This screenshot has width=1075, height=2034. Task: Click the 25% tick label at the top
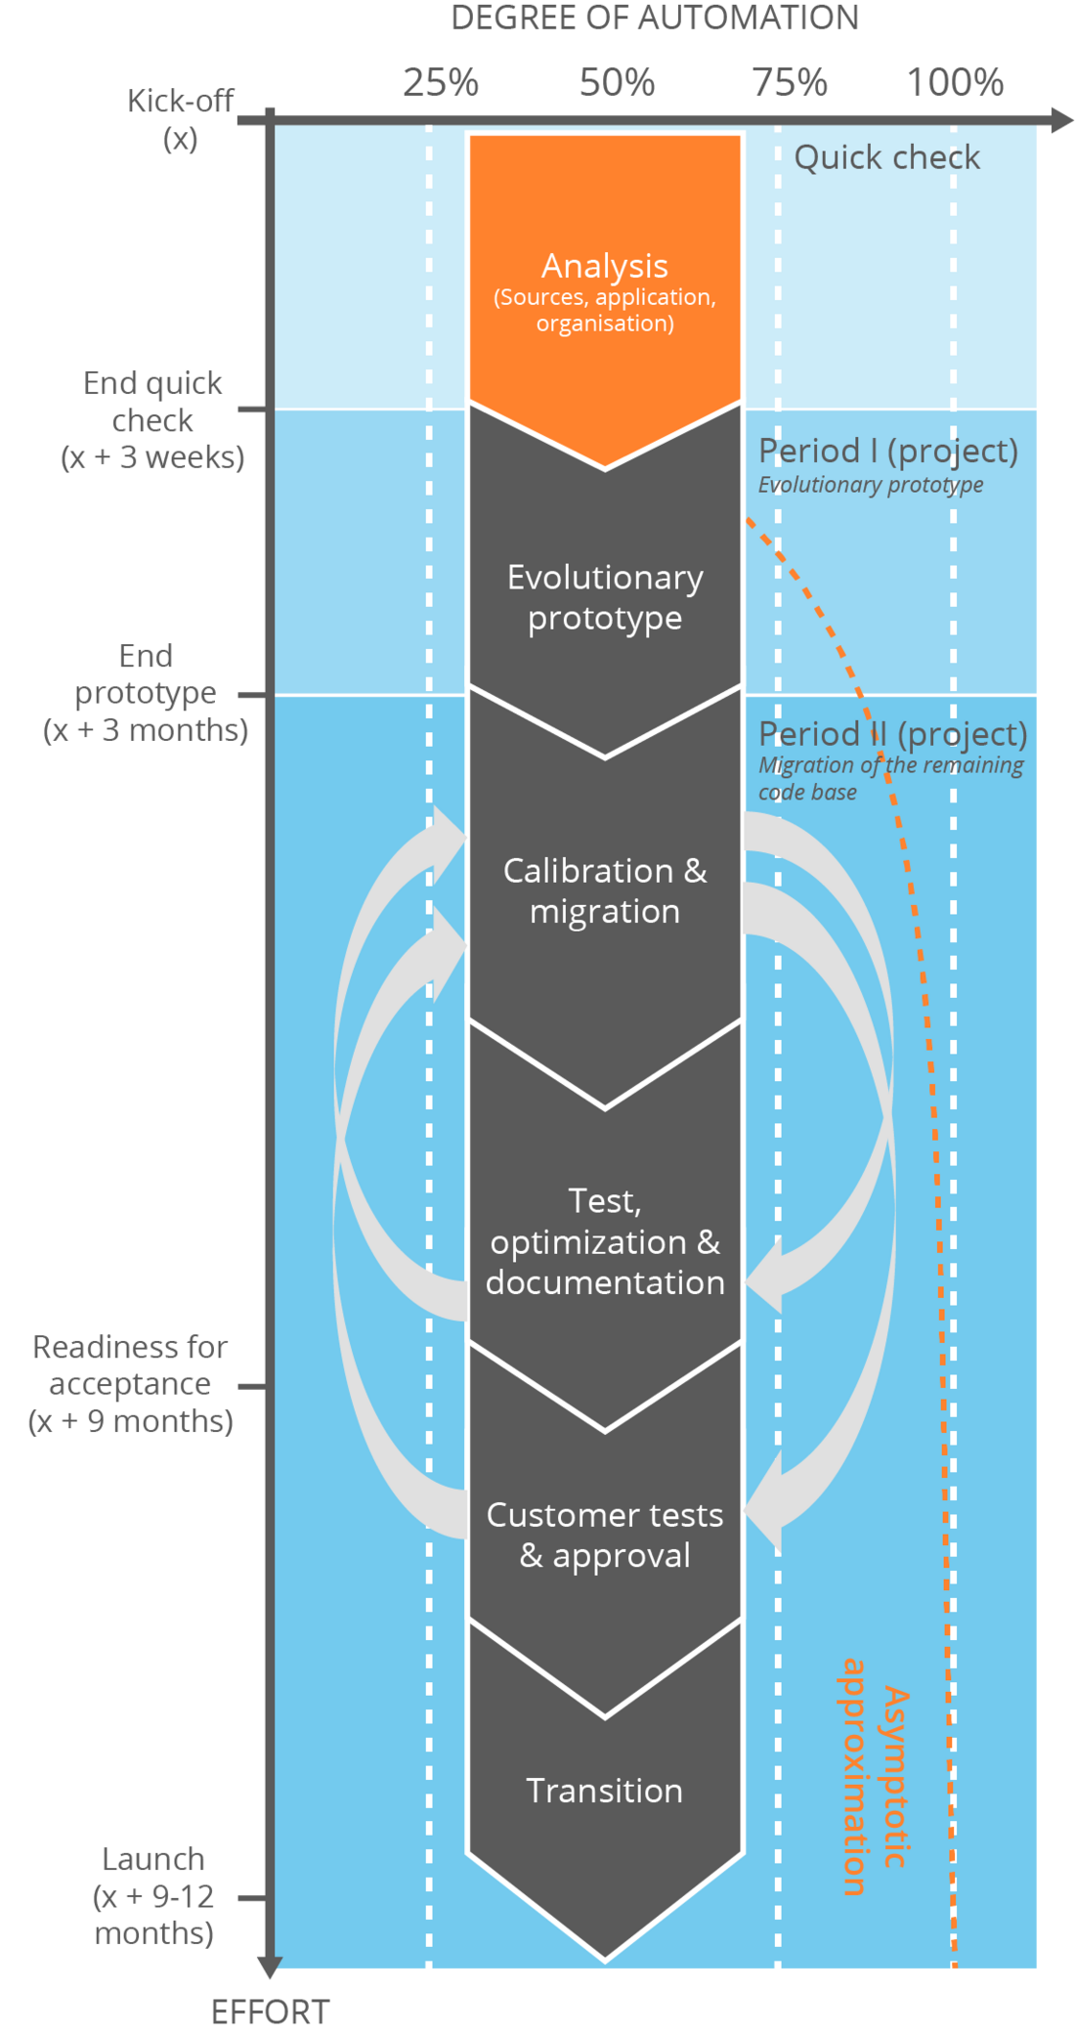click(x=441, y=82)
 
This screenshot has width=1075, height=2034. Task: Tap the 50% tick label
click(x=617, y=82)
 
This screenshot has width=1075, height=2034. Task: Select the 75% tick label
click(x=790, y=82)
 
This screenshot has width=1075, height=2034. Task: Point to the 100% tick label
click(x=955, y=82)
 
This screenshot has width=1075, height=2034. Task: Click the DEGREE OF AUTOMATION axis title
click(x=654, y=18)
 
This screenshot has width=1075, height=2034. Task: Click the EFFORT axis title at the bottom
click(x=271, y=2012)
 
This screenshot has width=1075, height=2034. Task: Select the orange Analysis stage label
click(x=605, y=267)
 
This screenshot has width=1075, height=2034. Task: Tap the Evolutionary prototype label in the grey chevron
click(x=605, y=597)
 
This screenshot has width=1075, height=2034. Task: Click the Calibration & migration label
click(x=605, y=890)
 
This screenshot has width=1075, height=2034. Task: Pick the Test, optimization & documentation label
click(x=605, y=1241)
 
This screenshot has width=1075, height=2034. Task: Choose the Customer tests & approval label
click(x=605, y=1535)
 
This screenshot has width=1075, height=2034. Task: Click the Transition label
click(x=605, y=1791)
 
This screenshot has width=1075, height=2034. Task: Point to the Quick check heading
click(x=886, y=157)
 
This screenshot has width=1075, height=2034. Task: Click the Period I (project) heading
click(x=888, y=451)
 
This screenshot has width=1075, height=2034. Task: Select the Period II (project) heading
click(x=892, y=734)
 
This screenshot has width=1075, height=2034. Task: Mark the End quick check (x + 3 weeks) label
click(x=152, y=420)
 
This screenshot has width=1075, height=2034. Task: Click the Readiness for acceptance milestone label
click(x=131, y=1384)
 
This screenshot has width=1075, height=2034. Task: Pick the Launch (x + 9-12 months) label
click(x=153, y=1896)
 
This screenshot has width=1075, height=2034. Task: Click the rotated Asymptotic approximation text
click(x=875, y=1777)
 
